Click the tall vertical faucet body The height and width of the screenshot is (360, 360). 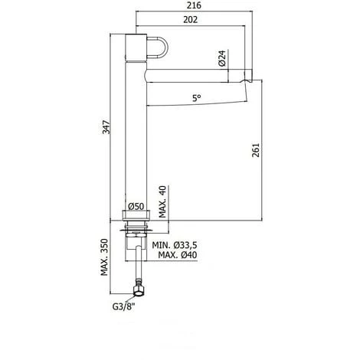(133, 138)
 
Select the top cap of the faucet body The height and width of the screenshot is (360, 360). (133, 40)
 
